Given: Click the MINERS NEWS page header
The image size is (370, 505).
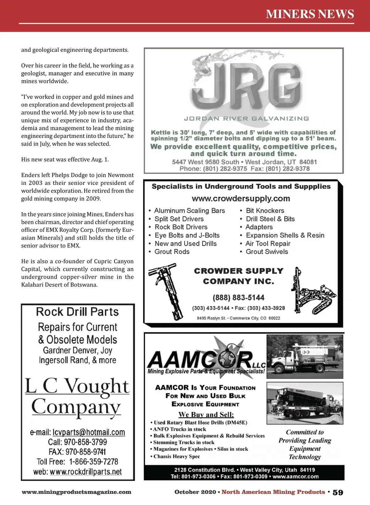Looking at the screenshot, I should [310, 14].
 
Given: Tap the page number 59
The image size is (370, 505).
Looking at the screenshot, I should [338, 492].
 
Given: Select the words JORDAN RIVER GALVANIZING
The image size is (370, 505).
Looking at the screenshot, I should [246, 119].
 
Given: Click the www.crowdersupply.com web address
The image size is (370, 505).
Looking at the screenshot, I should [241, 199].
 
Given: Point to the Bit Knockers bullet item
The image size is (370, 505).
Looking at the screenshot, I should [265, 211].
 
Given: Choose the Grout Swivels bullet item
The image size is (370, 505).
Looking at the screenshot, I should [267, 252].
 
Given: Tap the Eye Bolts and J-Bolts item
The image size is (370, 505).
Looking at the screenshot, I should [187, 236].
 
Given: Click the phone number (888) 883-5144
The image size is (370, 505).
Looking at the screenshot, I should [238, 298].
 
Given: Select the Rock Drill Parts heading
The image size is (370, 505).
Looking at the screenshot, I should [77, 312].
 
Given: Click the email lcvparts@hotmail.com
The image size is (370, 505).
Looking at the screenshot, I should [89, 433].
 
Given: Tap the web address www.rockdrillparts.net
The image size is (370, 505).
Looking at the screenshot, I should [86, 472].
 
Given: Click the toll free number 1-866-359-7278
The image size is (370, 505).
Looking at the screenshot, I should [94, 462].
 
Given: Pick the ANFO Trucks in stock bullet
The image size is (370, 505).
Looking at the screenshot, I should [180, 429].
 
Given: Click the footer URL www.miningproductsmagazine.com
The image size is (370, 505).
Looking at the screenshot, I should [76, 492].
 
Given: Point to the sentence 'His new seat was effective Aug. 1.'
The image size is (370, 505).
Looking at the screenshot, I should [65, 160].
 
